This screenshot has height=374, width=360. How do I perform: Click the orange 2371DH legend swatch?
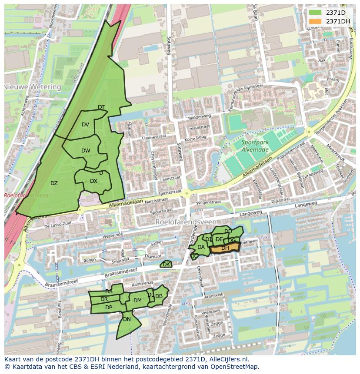316,21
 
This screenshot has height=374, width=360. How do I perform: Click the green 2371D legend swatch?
316,13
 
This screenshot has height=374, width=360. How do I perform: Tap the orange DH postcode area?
225,248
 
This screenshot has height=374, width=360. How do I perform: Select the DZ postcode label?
54,183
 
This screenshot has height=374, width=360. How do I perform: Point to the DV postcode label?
85,125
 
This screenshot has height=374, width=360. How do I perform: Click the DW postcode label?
86,151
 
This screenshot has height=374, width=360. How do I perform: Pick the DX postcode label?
93,181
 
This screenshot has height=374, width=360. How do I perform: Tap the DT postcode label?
101,107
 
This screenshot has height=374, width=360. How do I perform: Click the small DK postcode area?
166,264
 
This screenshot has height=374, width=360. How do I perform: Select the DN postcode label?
127,319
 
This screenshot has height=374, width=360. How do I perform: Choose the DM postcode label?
137,301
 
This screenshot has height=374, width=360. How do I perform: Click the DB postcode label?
159,296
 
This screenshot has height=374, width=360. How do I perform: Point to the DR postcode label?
104,299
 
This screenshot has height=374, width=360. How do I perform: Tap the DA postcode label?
201,247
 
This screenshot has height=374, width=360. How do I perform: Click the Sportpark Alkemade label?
255,146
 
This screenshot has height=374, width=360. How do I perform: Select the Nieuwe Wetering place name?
33,87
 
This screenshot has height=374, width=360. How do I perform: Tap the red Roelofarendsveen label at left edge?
26,195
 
